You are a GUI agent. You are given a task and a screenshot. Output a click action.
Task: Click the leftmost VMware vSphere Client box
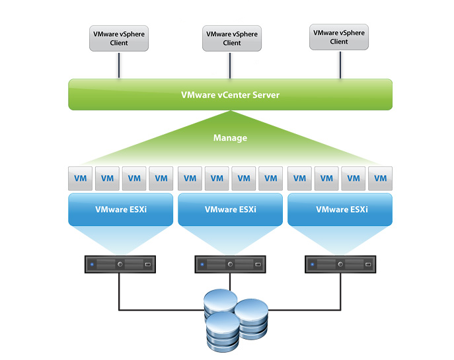[x=119, y=38]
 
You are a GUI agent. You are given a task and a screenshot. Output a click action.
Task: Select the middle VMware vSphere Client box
[x=231, y=38]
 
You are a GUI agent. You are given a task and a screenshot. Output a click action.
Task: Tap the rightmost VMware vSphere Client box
[x=339, y=36]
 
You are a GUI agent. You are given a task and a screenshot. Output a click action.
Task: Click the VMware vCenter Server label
[x=230, y=94]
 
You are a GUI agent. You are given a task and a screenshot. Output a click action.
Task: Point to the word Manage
[x=230, y=138]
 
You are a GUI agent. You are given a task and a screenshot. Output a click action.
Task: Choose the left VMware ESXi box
[x=120, y=209]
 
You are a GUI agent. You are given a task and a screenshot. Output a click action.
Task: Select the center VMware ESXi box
[x=231, y=209]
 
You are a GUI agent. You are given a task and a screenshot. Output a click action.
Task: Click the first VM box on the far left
[x=79, y=178]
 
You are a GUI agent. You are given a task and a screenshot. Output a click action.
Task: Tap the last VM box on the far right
[x=381, y=178]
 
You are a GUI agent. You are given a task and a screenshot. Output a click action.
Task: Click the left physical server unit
[x=119, y=264]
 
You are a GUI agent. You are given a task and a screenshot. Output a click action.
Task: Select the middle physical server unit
[x=229, y=264]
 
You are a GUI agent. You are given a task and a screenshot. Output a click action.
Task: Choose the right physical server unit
[x=339, y=264]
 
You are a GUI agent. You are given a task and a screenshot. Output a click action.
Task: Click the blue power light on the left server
[x=92, y=264]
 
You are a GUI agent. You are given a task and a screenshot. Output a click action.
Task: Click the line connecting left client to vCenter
[x=119, y=65]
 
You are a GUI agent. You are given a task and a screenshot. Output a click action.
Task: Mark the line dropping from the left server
[x=119, y=291]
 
